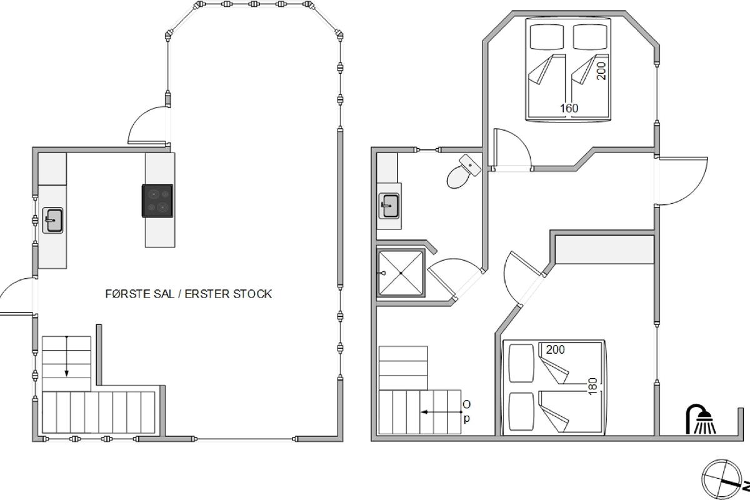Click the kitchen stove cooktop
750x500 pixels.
pyautogui.click(x=157, y=201)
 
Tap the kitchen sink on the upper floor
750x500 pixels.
pyautogui.click(x=53, y=221)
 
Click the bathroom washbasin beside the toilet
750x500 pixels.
pyautogui.click(x=389, y=206)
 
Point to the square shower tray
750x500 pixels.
pyautogui.click(x=401, y=273)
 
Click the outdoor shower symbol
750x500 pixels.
pyautogui.click(x=701, y=419)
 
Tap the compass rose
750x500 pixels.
pyautogui.click(x=721, y=479)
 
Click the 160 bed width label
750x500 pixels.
pyautogui.click(x=569, y=108)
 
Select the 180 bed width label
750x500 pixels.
pyautogui.click(x=592, y=386)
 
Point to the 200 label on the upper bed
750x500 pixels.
pyautogui.click(x=601, y=71)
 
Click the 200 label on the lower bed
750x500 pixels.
pyautogui.click(x=556, y=349)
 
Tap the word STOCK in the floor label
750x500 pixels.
pyautogui.click(x=252, y=294)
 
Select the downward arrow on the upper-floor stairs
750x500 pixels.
pyautogui.click(x=67, y=356)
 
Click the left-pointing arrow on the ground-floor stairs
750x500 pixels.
pyautogui.click(x=441, y=412)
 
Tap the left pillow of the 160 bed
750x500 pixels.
pyautogui.click(x=547, y=37)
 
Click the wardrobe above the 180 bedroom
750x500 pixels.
pyautogui.click(x=605, y=249)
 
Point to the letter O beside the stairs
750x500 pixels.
pyautogui.click(x=466, y=404)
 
